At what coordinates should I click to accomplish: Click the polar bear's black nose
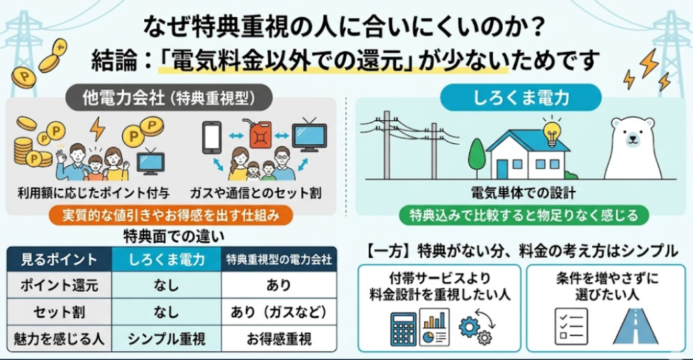(x=635, y=141)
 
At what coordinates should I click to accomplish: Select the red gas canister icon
(x=260, y=135)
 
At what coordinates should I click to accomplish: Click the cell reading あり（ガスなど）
(x=279, y=312)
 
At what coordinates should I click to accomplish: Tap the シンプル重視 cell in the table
(x=166, y=338)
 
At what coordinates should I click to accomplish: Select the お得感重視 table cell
(x=279, y=338)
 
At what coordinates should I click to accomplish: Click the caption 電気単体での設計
(x=524, y=194)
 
